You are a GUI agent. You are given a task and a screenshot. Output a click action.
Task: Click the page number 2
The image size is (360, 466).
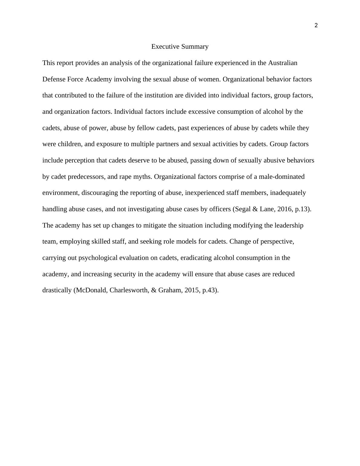316,26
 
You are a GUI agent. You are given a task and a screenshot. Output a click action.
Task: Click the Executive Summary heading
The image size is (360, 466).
180,47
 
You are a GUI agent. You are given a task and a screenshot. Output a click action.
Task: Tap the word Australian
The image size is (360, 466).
283,63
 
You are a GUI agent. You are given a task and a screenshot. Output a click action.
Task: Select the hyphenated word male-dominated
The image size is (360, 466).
279,177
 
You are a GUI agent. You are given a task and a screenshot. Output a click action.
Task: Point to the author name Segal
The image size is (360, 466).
242,209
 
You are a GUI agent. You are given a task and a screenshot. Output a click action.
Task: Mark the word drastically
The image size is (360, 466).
57,290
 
